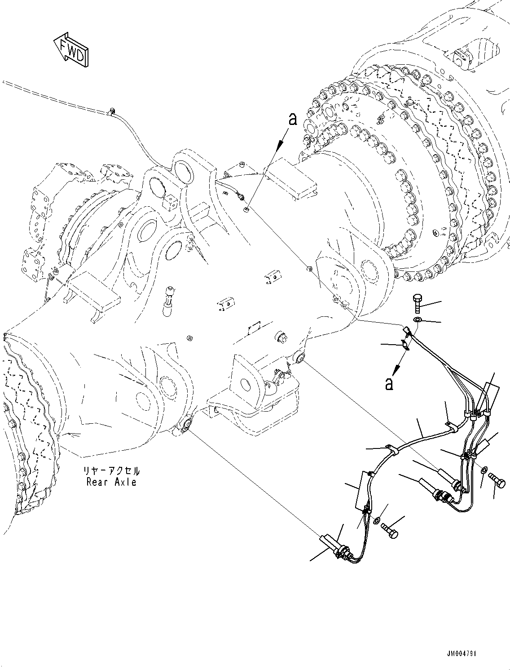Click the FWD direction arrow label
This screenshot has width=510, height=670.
71,50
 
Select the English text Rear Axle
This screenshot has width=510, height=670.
111,482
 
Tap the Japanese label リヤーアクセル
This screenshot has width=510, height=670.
111,472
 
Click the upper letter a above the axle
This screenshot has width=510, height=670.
293,119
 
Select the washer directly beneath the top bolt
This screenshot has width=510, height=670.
418,319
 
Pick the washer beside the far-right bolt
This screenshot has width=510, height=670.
484,470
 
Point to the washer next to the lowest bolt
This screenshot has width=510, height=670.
376,520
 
